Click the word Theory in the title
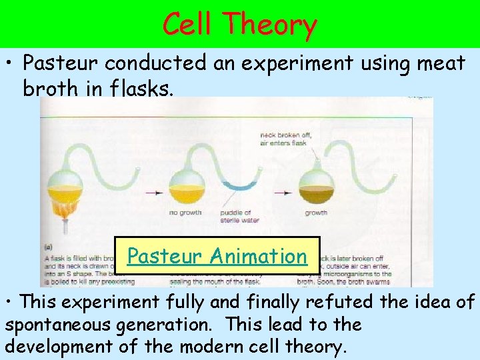click(271, 25)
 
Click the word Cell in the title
click(187, 25)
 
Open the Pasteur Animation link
click(217, 256)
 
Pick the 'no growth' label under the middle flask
click(182, 213)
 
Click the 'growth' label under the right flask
click(315, 213)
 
